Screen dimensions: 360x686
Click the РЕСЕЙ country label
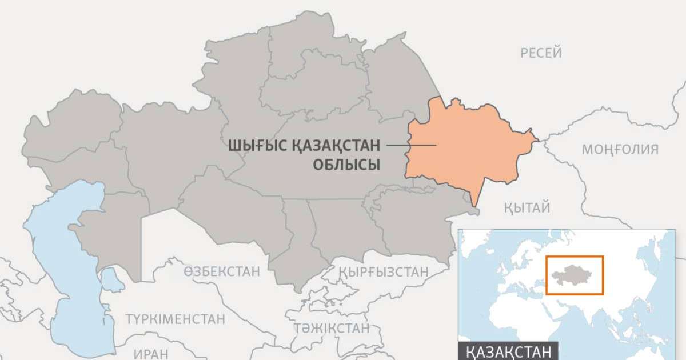click(541, 53)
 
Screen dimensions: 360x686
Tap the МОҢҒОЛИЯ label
click(620, 150)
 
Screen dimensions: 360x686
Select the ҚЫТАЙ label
click(527, 207)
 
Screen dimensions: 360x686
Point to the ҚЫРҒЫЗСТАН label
click(383, 271)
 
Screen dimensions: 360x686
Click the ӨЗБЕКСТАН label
click(221, 271)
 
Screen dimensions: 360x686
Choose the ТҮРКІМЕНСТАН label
click(176, 319)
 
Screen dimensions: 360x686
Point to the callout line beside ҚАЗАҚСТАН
click(410, 145)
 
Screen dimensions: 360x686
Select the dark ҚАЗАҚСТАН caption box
click(508, 351)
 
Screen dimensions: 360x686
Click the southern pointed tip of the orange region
click(476, 204)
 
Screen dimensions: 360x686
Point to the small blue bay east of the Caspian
click(110, 278)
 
